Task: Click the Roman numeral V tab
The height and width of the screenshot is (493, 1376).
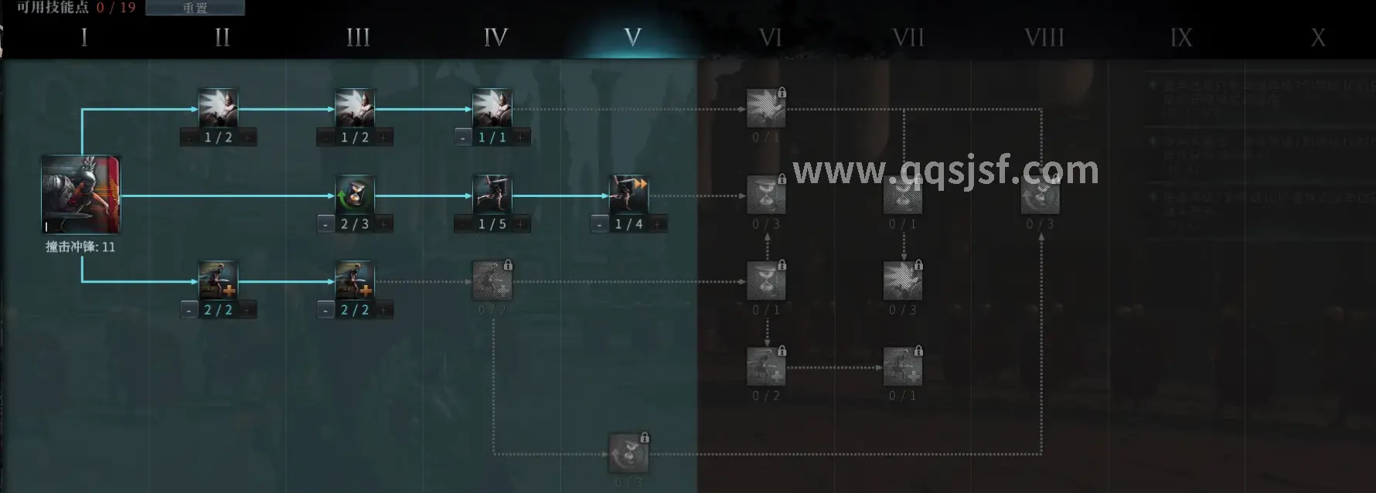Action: click(x=632, y=37)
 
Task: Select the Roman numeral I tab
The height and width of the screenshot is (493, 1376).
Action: click(x=83, y=37)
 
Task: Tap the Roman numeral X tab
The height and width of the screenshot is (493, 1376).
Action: click(x=1318, y=37)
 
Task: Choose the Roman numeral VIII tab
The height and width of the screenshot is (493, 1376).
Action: click(x=1044, y=37)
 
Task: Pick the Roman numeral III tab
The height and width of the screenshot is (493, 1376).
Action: click(x=358, y=37)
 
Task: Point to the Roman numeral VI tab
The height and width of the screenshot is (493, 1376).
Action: click(x=770, y=37)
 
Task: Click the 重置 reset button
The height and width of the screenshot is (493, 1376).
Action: click(x=195, y=8)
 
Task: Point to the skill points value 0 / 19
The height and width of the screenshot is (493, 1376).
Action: click(x=116, y=8)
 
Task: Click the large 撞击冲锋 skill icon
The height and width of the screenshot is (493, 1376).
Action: click(x=81, y=195)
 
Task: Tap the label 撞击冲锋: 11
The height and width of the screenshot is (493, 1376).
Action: click(x=80, y=247)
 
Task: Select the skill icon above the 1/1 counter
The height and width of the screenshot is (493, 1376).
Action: click(x=492, y=108)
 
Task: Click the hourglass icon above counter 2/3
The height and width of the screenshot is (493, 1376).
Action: click(x=355, y=195)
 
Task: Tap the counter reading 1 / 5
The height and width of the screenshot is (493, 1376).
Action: click(x=492, y=224)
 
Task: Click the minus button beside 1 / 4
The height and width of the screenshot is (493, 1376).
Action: click(x=600, y=224)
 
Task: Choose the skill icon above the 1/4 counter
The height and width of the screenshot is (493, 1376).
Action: click(x=629, y=195)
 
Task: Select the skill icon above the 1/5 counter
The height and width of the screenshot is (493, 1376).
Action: click(x=492, y=195)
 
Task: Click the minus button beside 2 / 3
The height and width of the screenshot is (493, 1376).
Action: click(x=325, y=224)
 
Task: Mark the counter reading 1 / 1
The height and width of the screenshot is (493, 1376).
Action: click(x=492, y=138)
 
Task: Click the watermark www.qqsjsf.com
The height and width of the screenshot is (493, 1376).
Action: click(x=945, y=170)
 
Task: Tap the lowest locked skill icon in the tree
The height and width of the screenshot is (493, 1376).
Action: click(x=628, y=454)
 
